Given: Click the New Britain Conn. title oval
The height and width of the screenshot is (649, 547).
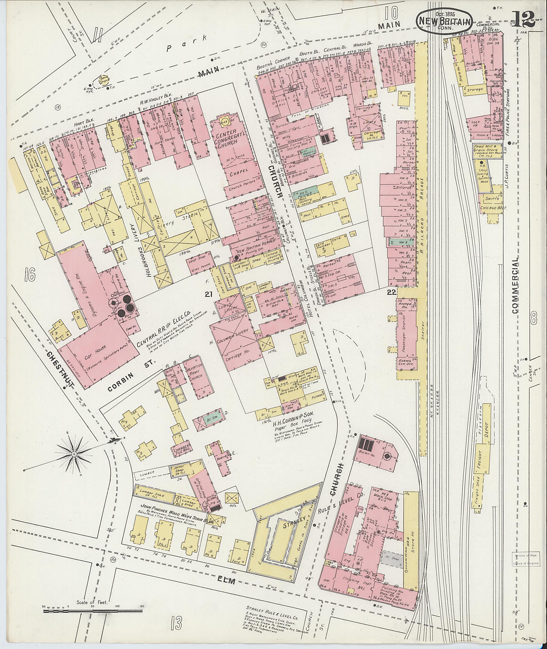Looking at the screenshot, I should (x=444, y=21).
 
